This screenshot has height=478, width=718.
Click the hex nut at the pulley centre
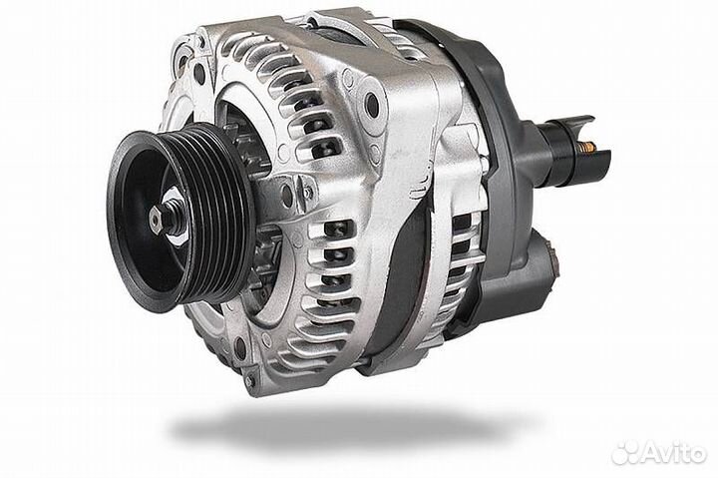[157, 221]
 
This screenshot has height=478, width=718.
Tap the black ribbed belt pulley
[181, 216]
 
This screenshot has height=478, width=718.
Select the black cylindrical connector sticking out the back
[572, 151]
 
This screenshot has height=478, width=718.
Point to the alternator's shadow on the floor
[348, 425]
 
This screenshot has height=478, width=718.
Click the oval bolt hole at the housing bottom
[240, 348]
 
